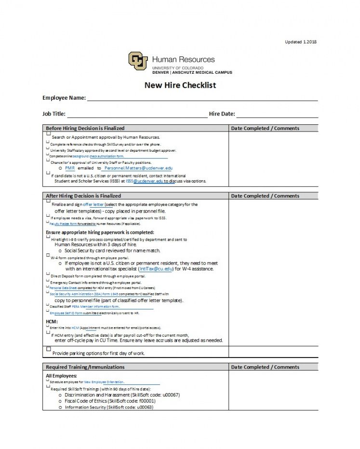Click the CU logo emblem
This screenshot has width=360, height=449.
[x=138, y=61]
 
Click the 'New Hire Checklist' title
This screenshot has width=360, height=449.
[x=180, y=85]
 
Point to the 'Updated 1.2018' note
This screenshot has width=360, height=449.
[x=301, y=42]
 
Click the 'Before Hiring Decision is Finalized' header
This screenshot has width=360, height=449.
[x=85, y=128]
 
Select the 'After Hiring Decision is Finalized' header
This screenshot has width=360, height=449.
[x=83, y=196]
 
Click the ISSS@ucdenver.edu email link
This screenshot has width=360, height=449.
[x=141, y=181]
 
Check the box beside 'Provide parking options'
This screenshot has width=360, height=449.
[x=48, y=349]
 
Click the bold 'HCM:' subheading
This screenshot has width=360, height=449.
[x=52, y=321]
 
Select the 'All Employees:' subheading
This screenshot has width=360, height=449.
[x=61, y=376]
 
